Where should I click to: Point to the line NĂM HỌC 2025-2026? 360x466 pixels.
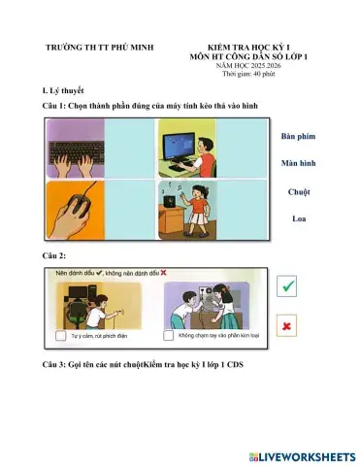(248, 66)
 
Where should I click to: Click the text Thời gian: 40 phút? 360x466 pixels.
(248, 74)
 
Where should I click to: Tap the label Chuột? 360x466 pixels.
(300, 191)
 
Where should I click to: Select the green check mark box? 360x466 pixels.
(288, 285)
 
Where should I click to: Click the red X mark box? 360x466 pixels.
(288, 327)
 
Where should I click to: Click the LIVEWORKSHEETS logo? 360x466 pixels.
(302, 455)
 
